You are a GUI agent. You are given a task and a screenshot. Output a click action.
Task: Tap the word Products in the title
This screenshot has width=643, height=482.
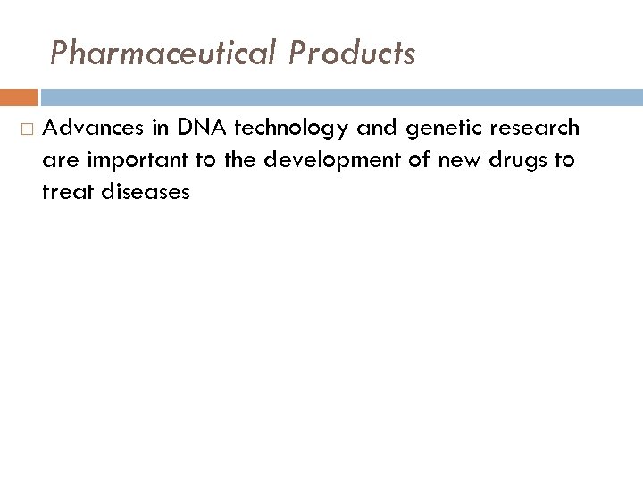[x=352, y=54]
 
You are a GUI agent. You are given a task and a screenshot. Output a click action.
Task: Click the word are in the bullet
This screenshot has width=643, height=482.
[x=56, y=161]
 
